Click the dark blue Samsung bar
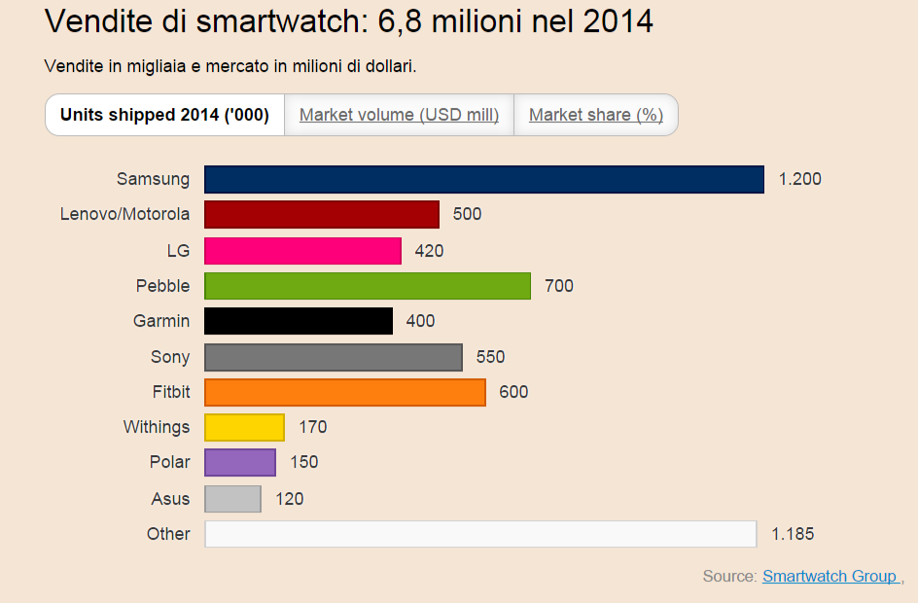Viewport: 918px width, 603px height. (483, 179)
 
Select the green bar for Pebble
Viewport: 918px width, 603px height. (368, 286)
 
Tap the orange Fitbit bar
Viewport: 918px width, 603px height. (345, 392)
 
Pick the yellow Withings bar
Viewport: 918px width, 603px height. (244, 427)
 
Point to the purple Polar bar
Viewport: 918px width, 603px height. (240, 462)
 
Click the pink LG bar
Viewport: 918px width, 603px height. (302, 251)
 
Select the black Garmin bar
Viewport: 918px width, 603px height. (299, 321)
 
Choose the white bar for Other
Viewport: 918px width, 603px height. (480, 534)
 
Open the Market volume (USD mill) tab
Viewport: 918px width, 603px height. (399, 115)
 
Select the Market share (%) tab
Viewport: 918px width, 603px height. (596, 115)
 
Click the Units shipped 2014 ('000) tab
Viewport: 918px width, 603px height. (164, 115)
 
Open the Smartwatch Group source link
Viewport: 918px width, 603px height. (830, 576)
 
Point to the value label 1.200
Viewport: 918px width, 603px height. (800, 179)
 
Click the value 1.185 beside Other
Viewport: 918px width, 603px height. (793, 534)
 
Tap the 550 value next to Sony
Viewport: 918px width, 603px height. (490, 357)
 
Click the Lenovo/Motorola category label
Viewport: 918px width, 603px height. (124, 214)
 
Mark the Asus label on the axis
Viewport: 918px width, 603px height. (170, 498)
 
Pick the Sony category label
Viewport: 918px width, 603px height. (170, 357)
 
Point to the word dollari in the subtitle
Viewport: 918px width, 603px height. (390, 67)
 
